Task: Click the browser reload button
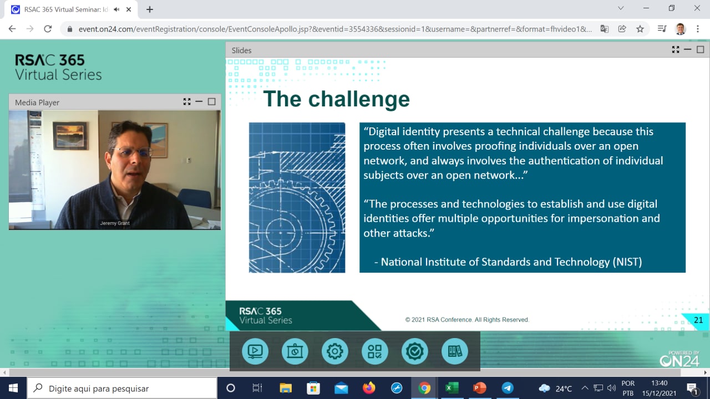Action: click(48, 29)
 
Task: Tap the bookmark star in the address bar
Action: click(640, 29)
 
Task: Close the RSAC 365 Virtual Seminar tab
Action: click(129, 9)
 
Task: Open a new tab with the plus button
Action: click(150, 9)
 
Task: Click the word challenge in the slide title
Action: click(359, 99)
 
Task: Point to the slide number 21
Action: click(698, 320)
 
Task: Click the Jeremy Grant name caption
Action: click(115, 223)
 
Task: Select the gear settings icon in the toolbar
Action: click(334, 351)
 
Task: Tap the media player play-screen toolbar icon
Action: click(255, 351)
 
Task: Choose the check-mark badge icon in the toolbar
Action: click(414, 351)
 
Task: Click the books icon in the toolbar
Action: click(454, 351)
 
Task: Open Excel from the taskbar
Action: click(452, 388)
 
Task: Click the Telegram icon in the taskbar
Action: click(508, 388)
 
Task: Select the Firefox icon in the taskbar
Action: click(369, 388)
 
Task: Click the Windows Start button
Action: click(13, 388)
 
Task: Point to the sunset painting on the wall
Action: click(70, 135)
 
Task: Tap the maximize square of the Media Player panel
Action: click(212, 101)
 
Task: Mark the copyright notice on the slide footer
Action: click(467, 320)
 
